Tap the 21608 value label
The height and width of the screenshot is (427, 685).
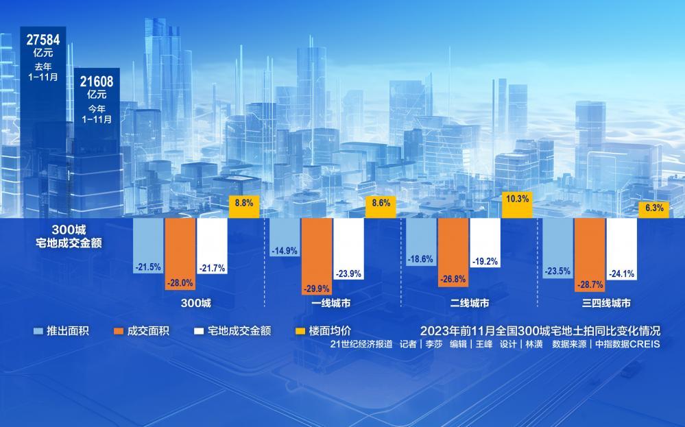click(x=97, y=82)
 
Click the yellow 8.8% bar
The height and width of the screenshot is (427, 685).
click(x=243, y=207)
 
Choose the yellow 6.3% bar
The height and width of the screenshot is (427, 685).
click(x=654, y=210)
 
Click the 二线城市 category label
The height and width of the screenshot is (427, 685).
click(x=470, y=303)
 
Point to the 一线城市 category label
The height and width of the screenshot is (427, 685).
click(x=333, y=303)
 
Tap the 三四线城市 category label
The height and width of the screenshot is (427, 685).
click(x=608, y=303)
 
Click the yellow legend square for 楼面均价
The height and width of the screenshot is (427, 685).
click(x=299, y=331)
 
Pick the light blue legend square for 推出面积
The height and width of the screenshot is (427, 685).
click(x=38, y=331)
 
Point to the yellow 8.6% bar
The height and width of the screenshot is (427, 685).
click(x=381, y=208)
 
